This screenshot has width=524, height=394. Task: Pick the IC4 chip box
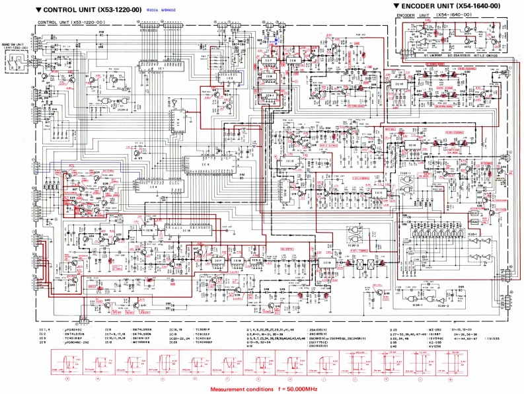[x=154, y=187]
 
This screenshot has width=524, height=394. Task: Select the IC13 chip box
[x=289, y=161]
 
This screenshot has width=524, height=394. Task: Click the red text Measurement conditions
[x=240, y=389]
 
